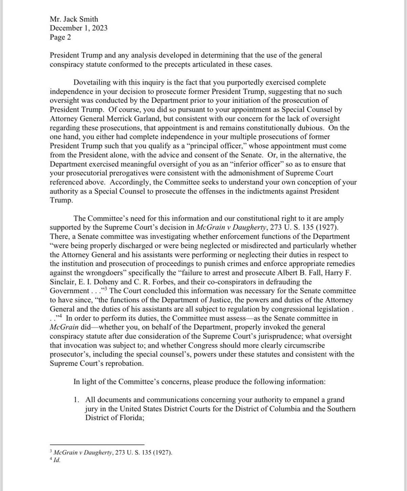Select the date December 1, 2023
(x=79, y=28)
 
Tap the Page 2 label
(x=60, y=37)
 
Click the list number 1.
(x=77, y=400)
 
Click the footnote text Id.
(x=57, y=461)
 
